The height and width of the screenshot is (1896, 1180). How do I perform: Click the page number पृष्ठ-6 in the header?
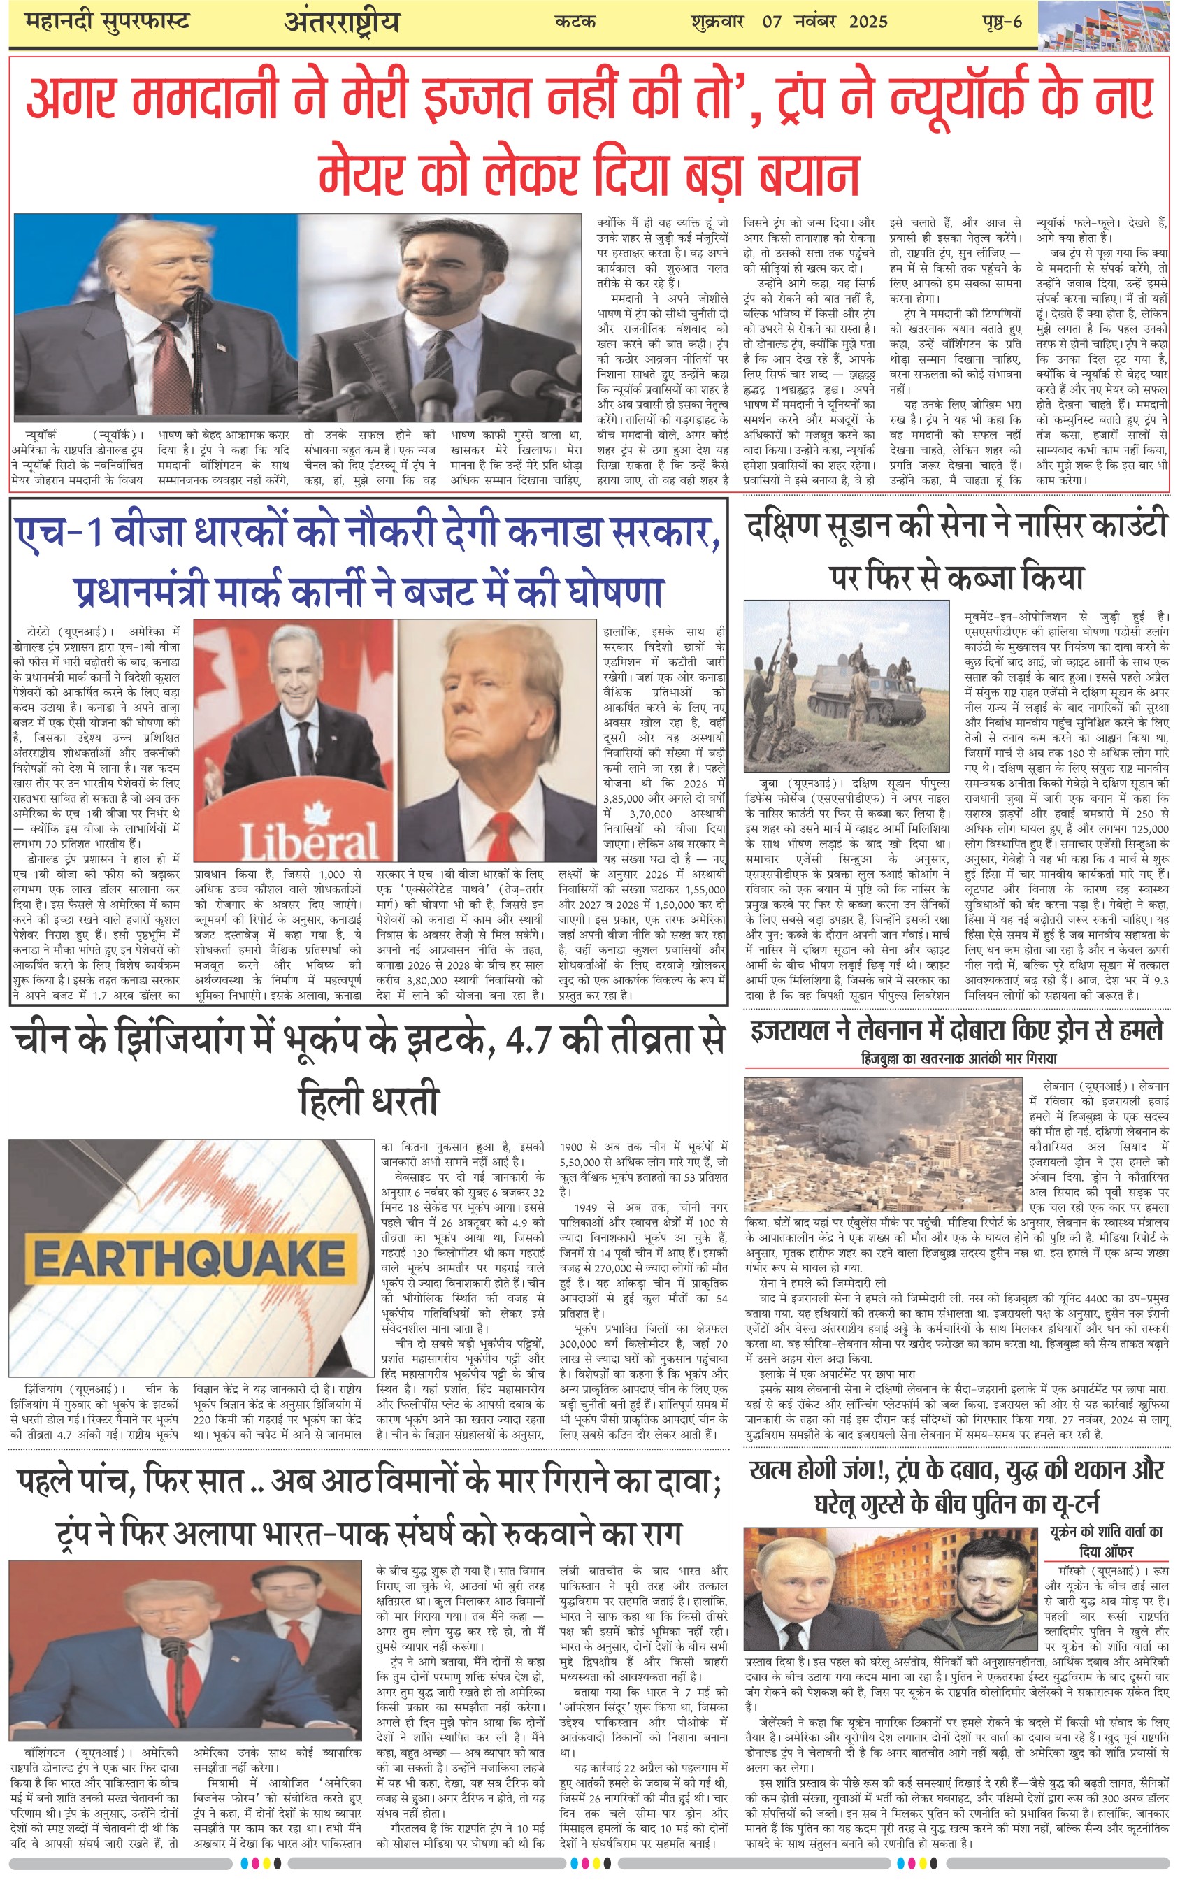click(1002, 22)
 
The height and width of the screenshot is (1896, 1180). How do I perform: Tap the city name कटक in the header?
click(575, 22)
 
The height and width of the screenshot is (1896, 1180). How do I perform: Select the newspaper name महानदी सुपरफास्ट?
click(107, 22)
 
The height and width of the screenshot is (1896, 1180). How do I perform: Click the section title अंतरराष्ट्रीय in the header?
click(341, 22)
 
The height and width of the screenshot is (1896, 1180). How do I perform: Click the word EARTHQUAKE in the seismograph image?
click(189, 1259)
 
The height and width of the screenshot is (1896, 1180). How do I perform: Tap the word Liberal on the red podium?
click(309, 840)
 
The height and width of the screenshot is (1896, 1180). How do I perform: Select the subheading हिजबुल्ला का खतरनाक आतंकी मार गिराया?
click(959, 1058)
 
